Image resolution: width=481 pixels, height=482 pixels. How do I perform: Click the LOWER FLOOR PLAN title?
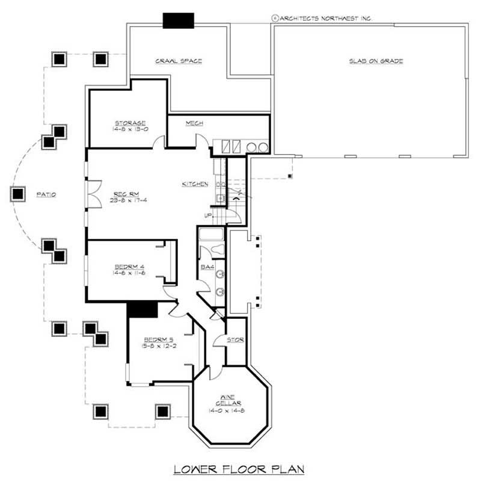(x=239, y=468)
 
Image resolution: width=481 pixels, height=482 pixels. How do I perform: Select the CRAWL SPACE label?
(x=178, y=61)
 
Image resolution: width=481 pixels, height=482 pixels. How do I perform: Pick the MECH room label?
(x=194, y=123)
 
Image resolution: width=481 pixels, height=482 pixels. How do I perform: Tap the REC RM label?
(x=126, y=194)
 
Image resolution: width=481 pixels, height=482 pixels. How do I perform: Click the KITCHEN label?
(x=195, y=184)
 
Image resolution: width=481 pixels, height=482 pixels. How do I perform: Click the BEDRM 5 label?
(x=146, y=339)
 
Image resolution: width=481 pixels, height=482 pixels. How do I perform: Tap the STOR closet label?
(x=235, y=340)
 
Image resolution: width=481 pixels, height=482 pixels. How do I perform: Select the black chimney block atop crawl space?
(x=179, y=20)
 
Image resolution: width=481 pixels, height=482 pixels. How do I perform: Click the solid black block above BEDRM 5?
(x=142, y=309)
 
